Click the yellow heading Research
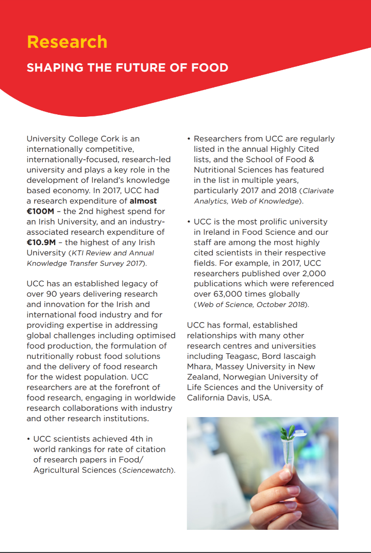(x=67, y=42)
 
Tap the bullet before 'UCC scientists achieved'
(x=28, y=439)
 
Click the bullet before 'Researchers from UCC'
(x=189, y=139)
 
